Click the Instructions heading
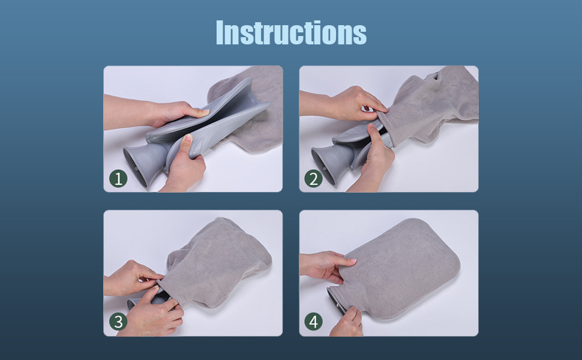291,32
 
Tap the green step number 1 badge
118,179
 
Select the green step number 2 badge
314,179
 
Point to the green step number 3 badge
118,322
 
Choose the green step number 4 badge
314,322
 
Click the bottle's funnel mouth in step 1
139,163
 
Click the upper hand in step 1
156,112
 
